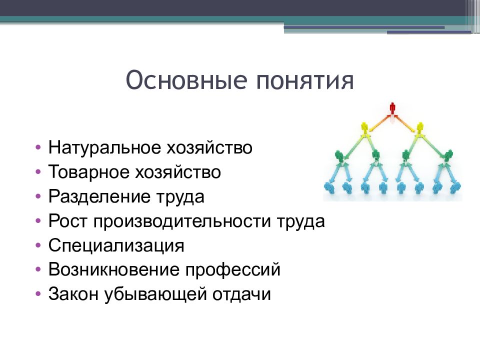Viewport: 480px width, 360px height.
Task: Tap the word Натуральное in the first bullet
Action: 104,148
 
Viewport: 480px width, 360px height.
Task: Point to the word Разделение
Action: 99,197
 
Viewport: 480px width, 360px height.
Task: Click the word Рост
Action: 68,221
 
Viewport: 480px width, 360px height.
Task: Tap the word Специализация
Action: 116,246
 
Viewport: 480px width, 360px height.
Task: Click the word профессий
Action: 233,270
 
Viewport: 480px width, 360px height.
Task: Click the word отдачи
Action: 241,295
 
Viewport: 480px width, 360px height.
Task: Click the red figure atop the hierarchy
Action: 392,109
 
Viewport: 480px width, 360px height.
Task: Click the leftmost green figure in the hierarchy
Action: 339,156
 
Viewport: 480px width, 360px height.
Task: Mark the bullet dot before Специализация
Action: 38,245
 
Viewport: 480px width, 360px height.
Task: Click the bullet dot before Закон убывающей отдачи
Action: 38,294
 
